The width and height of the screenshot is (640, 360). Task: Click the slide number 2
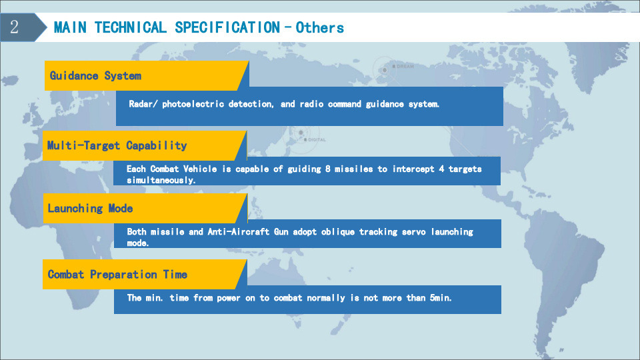14,27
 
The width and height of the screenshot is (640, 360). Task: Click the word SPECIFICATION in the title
227,27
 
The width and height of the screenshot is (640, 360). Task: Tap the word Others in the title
319,27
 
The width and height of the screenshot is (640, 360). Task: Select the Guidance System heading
95,75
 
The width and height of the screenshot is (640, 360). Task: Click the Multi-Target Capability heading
117,145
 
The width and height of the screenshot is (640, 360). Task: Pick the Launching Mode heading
90,208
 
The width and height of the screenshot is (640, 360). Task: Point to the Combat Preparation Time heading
117,274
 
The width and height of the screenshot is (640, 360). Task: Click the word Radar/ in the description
143,104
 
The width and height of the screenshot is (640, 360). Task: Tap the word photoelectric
193,104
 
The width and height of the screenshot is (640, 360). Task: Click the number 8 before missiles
328,169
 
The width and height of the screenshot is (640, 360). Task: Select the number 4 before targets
441,169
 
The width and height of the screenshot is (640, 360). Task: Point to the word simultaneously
161,180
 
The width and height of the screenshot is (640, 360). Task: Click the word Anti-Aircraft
239,232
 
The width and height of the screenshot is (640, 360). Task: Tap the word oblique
338,232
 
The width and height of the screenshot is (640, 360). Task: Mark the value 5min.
441,298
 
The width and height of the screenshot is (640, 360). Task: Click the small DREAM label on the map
405,66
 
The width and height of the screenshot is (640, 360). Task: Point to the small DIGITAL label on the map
317,139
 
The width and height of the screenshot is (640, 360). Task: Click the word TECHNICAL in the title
131,27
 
